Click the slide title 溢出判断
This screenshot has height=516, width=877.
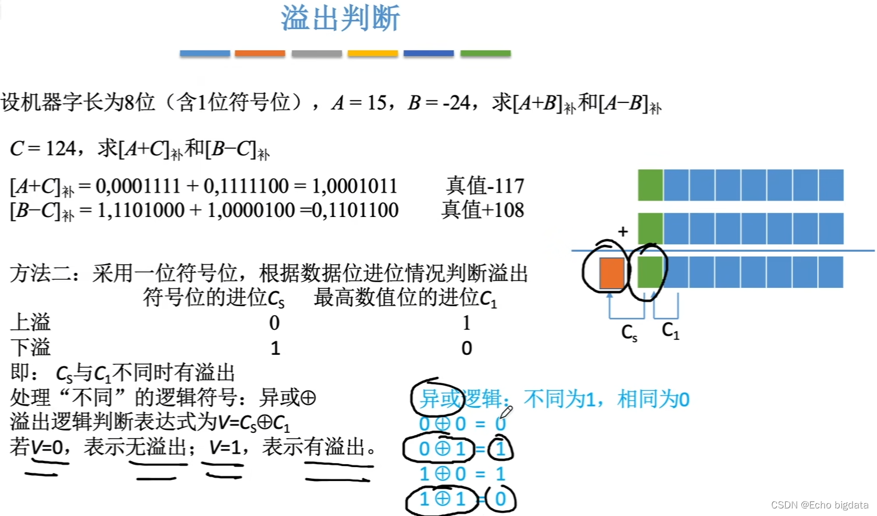pyautogui.click(x=340, y=18)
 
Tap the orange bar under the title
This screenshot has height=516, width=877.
pyautogui.click(x=260, y=53)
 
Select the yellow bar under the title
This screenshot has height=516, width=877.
pyautogui.click(x=373, y=53)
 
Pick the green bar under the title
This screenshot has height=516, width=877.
pyautogui.click(x=486, y=53)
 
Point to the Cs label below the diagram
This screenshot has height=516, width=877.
pyautogui.click(x=629, y=333)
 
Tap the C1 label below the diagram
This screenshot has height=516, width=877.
pyautogui.click(x=670, y=330)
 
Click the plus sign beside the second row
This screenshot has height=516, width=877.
pyautogui.click(x=623, y=231)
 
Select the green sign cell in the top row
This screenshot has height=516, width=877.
pyautogui.click(x=650, y=185)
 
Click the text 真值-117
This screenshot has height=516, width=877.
pyautogui.click(x=485, y=186)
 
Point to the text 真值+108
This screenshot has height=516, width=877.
pyautogui.click(x=483, y=209)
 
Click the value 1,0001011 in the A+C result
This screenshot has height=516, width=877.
pyautogui.click(x=354, y=186)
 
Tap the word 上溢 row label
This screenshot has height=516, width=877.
pyautogui.click(x=30, y=322)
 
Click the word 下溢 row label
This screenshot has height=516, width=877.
pyautogui.click(x=30, y=347)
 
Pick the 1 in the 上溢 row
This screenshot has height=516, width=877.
pyautogui.click(x=466, y=323)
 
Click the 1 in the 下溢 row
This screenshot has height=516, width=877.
pyautogui.click(x=275, y=348)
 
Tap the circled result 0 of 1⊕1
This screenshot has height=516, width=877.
pyautogui.click(x=500, y=499)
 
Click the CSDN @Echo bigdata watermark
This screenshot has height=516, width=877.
pyautogui.click(x=819, y=505)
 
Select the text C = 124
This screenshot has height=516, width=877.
pyautogui.click(x=43, y=149)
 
